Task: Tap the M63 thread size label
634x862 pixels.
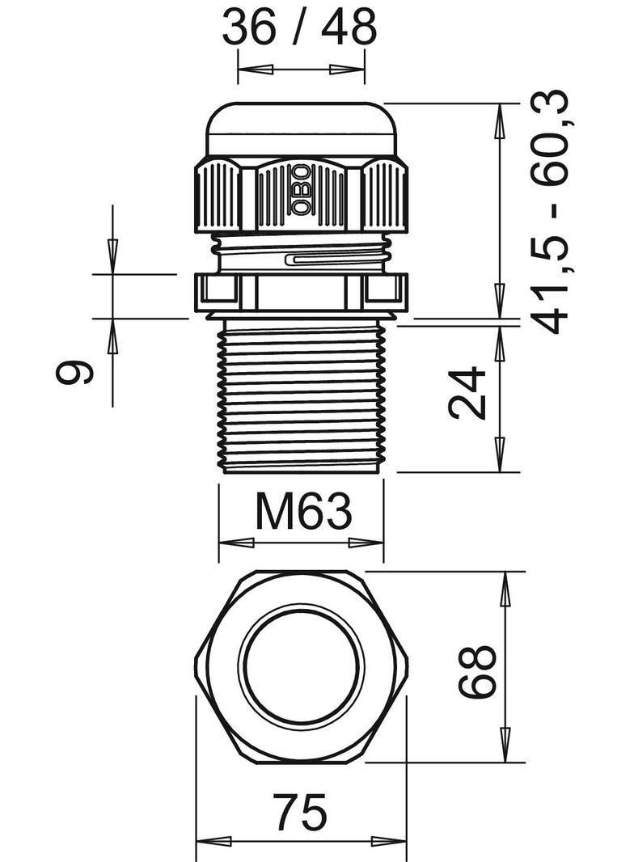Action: click(303, 511)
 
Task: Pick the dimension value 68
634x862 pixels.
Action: click(477, 671)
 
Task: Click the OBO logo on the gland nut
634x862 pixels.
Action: click(301, 190)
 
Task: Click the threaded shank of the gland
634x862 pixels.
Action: click(303, 395)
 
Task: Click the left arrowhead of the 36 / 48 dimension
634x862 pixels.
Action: click(256, 70)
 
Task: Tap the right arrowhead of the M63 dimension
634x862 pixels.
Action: click(366, 543)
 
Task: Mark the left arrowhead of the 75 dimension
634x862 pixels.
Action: click(214, 842)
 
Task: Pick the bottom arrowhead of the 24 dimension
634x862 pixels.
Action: click(500, 454)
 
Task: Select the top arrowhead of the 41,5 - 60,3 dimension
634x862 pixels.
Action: click(500, 120)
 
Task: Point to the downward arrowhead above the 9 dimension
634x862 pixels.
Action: click(112, 256)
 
